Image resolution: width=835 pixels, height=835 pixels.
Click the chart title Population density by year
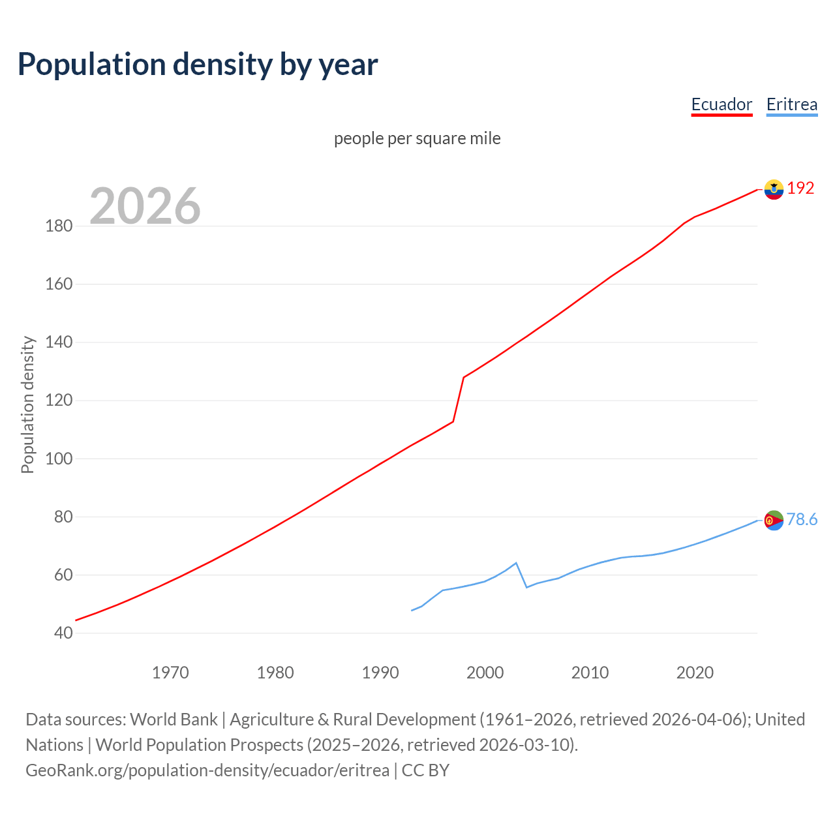pos(198,65)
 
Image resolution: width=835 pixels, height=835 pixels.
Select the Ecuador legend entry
pos(721,104)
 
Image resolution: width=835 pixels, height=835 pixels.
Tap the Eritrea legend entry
pos(791,104)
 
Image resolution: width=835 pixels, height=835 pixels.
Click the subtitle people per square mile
pos(417,138)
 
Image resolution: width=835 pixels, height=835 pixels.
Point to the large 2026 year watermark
pos(145,206)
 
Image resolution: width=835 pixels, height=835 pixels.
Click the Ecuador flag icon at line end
pos(774,189)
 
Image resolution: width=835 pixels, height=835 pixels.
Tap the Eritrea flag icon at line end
pos(774,520)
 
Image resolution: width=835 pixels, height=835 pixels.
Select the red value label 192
pos(800,189)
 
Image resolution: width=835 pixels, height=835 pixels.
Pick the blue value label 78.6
pos(802,519)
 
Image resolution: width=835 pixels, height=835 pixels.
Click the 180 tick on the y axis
pos(59,226)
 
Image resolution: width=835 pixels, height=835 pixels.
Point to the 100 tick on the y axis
pos(59,459)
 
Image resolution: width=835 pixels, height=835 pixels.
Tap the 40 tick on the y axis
pos(63,633)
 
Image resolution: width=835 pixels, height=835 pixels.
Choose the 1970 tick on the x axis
pos(170,673)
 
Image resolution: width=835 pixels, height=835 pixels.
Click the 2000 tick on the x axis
pos(485,673)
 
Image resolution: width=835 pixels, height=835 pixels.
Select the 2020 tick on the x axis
pos(695,673)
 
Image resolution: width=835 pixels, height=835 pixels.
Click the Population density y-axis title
pos(27,404)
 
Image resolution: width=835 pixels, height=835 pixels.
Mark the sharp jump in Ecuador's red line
pos(459,399)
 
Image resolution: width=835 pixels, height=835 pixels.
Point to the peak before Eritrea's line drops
pos(516,563)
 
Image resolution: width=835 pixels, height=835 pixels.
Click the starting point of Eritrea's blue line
pos(412,611)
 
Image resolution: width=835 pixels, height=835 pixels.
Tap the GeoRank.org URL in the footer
pos(207,770)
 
